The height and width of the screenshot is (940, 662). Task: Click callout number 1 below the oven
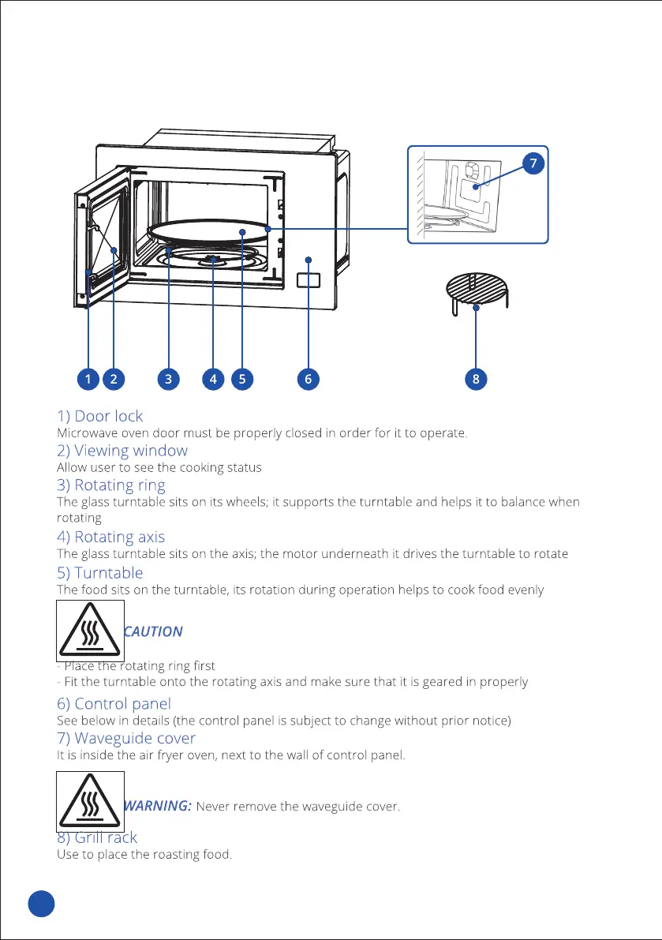click(88, 379)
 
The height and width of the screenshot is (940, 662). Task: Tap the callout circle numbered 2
click(114, 379)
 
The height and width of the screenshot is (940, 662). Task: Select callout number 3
click(168, 379)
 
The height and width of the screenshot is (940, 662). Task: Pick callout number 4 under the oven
click(213, 379)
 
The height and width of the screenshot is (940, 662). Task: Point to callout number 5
click(241, 379)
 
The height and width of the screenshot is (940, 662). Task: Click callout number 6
click(308, 379)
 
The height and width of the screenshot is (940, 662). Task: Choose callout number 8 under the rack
click(476, 379)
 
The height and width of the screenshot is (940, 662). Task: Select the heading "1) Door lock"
click(100, 415)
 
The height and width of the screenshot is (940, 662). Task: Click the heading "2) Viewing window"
click(122, 451)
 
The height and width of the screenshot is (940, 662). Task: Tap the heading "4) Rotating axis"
click(111, 537)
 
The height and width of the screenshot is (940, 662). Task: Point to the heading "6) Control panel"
click(114, 703)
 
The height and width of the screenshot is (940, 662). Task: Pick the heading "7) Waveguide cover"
click(126, 738)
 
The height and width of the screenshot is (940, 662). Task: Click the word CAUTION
click(154, 631)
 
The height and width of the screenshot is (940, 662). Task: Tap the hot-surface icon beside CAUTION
click(91, 630)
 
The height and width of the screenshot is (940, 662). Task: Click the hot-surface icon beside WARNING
click(91, 800)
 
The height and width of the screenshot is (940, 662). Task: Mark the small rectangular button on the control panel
click(309, 279)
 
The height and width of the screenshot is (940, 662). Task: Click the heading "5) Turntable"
click(100, 572)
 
